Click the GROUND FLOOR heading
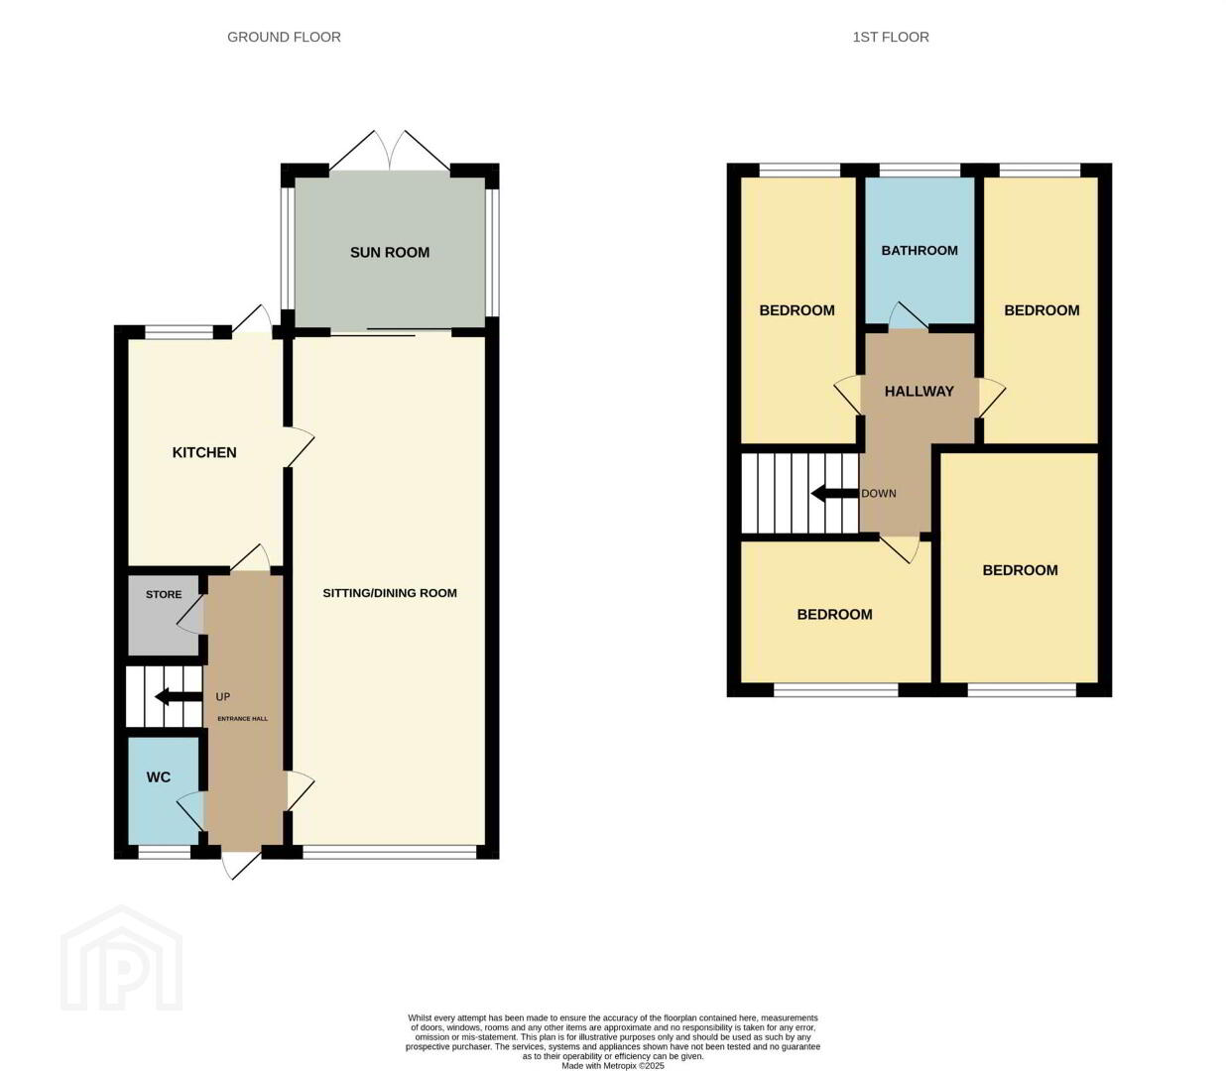tap(284, 37)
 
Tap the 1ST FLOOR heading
tap(891, 37)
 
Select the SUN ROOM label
tap(390, 253)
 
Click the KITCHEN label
tap(204, 452)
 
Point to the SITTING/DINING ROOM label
tap(390, 593)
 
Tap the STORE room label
tap(164, 594)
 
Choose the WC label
tap(159, 776)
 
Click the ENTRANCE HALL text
tap(243, 718)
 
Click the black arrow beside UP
tap(179, 696)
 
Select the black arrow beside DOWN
tap(835, 494)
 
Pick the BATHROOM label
tap(919, 250)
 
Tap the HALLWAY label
tap(919, 391)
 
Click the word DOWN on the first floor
tap(879, 494)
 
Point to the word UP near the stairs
tap(223, 696)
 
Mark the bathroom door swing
tap(908, 315)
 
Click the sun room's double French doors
tap(390, 150)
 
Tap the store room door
tap(190, 614)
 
